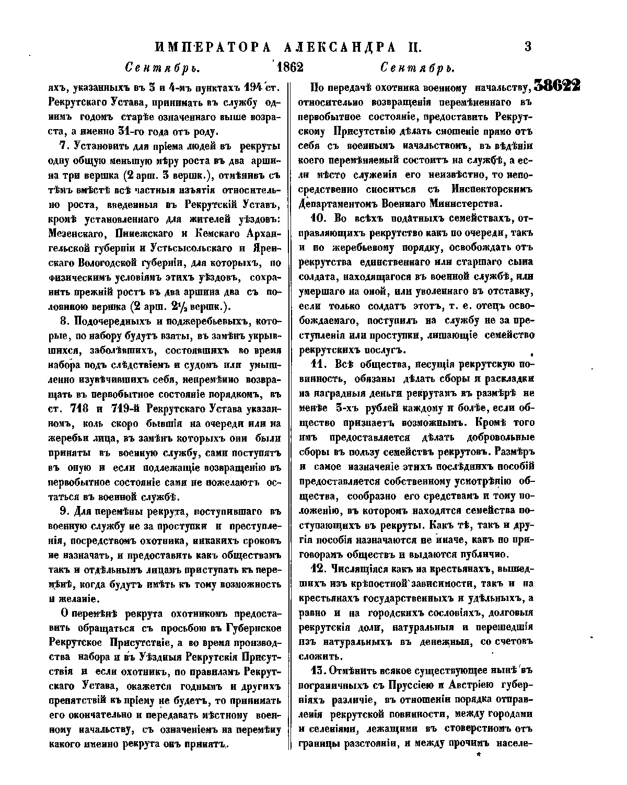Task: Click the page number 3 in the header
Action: pos(527,47)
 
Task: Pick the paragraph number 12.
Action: pos(319,569)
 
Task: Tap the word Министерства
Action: pos(458,203)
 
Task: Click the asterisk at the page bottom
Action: pos(477,755)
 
